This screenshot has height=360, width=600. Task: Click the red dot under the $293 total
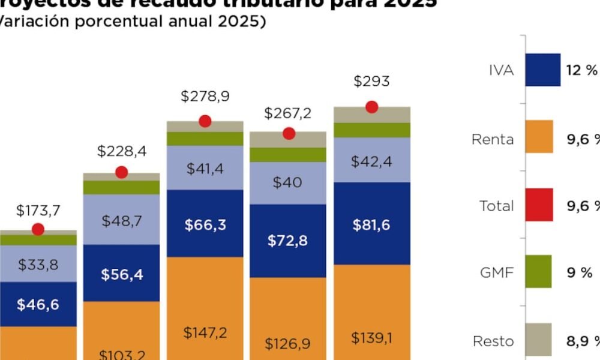point(371,107)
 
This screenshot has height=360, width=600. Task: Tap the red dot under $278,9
point(205,121)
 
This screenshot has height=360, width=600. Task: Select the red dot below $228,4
point(122,173)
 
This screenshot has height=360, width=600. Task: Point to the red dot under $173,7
point(38,229)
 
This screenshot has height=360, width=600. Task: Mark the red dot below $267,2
point(289,133)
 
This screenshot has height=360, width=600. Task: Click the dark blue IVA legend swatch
point(543,70)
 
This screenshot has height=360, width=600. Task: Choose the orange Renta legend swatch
point(539,137)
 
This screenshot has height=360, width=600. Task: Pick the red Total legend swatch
point(539,204)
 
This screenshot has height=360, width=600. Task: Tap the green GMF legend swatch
point(539,271)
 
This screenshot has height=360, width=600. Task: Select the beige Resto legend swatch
point(539,338)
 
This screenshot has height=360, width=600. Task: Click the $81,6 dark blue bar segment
point(372,225)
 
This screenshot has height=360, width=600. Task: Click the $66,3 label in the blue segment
point(205,226)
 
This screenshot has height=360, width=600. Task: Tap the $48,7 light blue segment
point(122,221)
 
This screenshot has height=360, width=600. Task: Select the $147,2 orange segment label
point(205,333)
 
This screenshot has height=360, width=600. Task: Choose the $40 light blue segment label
point(288,183)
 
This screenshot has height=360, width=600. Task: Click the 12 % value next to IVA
point(581,70)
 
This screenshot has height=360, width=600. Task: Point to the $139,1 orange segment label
point(372,338)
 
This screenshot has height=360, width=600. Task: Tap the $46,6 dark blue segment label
point(38,305)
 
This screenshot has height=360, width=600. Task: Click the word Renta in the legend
point(493,139)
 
